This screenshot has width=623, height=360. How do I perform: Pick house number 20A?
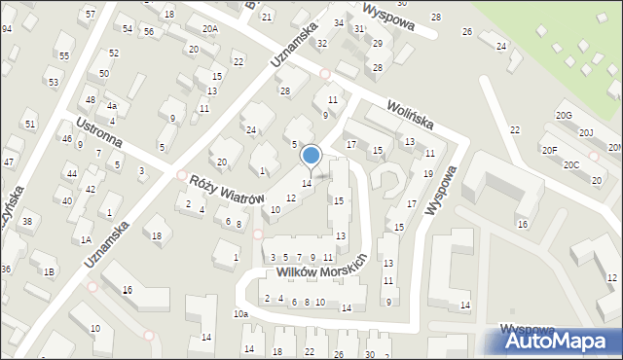[x=209, y=29]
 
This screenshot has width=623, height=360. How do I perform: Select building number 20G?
[x=564, y=116]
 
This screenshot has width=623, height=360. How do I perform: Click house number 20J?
[x=586, y=132]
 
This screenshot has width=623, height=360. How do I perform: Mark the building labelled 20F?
[x=550, y=149]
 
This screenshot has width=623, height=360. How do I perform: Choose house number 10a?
[x=239, y=313]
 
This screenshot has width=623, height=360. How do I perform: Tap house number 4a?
[x=112, y=105]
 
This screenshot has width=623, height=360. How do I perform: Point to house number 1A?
[x=86, y=239]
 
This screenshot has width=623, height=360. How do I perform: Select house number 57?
[x=91, y=15]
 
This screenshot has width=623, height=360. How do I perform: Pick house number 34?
[x=339, y=22]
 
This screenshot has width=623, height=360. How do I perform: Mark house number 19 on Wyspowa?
[x=428, y=173]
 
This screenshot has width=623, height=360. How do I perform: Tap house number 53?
[x=54, y=83]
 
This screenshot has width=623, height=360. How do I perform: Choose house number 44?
[x=71, y=173]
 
